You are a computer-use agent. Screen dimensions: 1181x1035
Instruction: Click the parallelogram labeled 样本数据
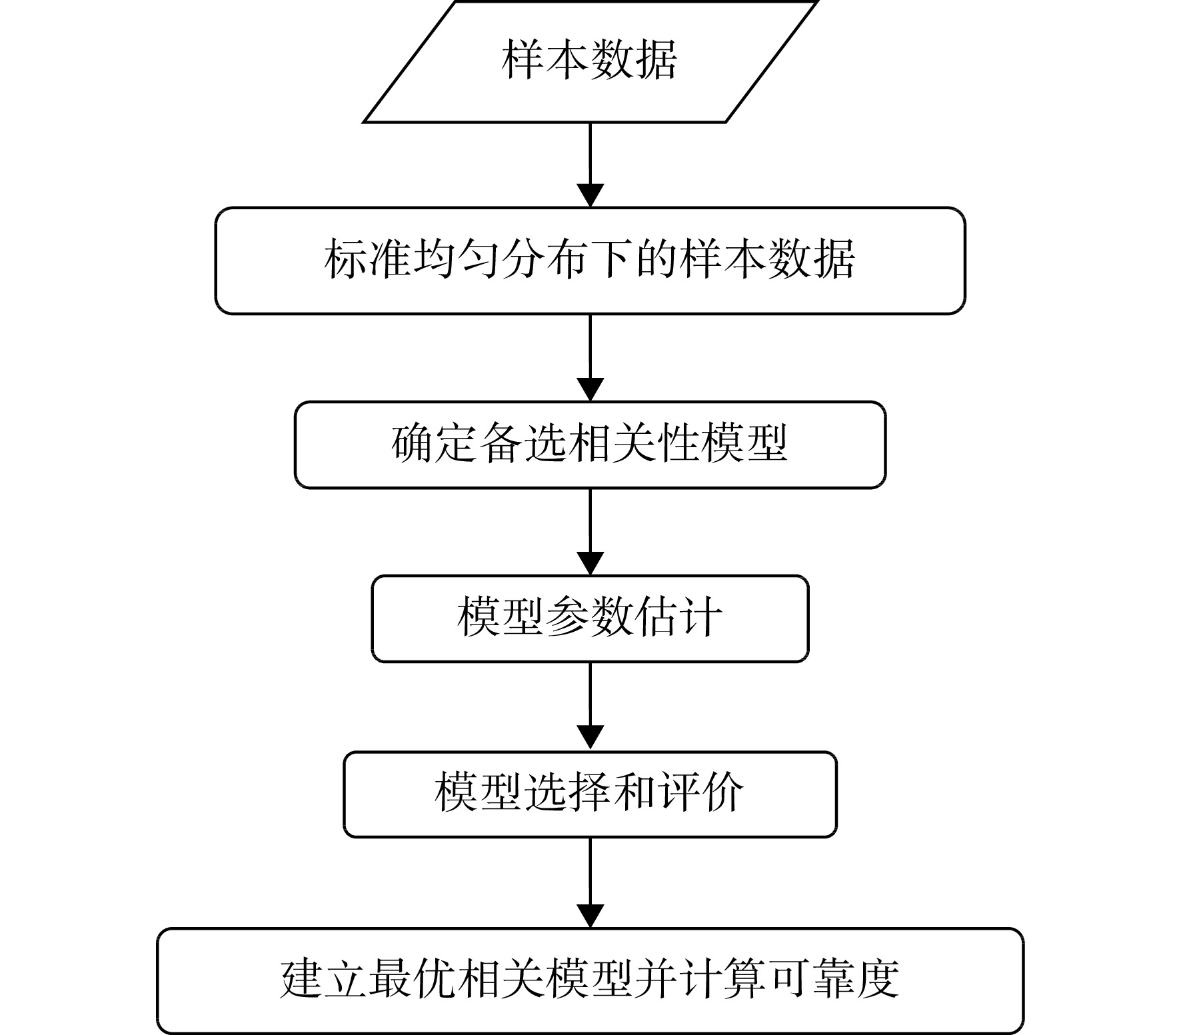(590, 61)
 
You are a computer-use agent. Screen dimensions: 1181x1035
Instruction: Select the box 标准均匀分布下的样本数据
(590, 261)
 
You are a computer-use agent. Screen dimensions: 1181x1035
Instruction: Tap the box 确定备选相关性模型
(590, 445)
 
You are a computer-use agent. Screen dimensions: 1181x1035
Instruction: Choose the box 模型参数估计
(590, 618)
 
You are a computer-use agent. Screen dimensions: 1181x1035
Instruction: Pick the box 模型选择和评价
(590, 794)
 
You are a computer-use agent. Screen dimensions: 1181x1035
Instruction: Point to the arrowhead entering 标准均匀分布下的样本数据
(590, 196)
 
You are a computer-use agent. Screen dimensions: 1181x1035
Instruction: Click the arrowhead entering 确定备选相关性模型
(590, 390)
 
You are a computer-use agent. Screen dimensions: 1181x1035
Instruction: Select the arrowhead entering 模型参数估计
(590, 564)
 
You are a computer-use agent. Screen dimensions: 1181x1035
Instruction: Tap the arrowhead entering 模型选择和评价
(590, 740)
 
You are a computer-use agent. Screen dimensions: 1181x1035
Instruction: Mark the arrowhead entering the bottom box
(590, 916)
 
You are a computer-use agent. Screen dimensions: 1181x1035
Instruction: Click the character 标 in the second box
(346, 260)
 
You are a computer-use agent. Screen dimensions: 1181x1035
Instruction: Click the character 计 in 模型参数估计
(700, 617)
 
